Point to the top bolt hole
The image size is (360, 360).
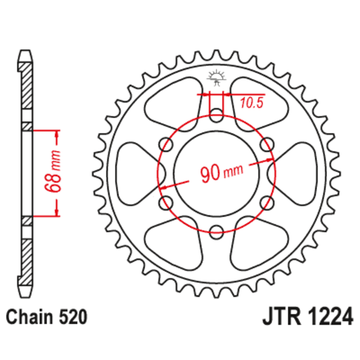pos(216,113)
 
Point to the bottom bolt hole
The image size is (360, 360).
pos(216,229)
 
